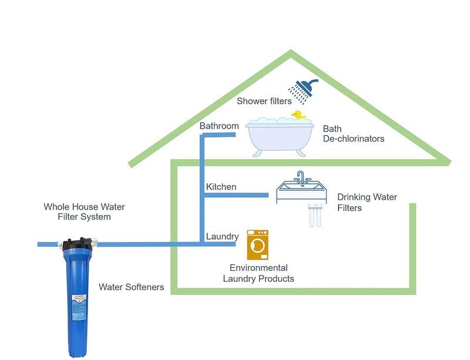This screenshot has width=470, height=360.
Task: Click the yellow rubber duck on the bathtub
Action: point(297,116)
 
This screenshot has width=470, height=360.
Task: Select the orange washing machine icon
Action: point(258,245)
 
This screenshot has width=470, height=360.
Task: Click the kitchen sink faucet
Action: point(300,177)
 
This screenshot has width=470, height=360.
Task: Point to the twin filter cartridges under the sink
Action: point(315,216)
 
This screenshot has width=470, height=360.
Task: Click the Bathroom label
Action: point(219,126)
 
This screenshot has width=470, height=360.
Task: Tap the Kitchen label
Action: point(221,187)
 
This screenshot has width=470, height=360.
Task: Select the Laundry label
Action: point(222,237)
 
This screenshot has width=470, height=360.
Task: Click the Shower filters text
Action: point(264,101)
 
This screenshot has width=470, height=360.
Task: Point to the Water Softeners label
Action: point(131,287)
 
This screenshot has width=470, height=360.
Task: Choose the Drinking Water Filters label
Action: point(367,203)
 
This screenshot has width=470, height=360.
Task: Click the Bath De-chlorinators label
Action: point(354,134)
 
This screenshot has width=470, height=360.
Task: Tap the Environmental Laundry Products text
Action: point(258,273)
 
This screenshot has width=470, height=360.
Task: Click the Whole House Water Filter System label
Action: point(85,212)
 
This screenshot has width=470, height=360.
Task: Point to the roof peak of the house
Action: point(290,53)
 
